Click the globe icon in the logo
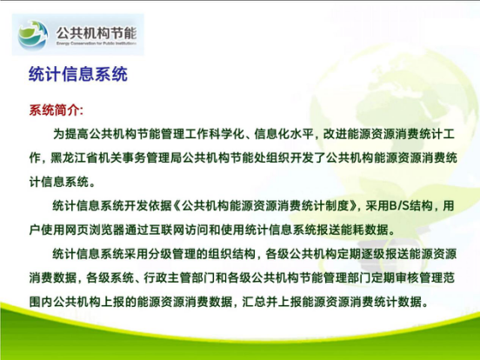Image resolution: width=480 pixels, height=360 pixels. point(33,35)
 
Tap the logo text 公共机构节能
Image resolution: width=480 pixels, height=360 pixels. point(97,32)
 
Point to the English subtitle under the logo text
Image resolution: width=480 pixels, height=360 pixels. point(97,43)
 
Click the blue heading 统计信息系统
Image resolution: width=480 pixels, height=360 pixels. point(78,74)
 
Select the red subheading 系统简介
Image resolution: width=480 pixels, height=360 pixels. point(56,110)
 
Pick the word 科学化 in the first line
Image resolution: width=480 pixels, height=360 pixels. point(227,134)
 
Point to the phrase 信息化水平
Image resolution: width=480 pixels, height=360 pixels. point(283,134)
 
